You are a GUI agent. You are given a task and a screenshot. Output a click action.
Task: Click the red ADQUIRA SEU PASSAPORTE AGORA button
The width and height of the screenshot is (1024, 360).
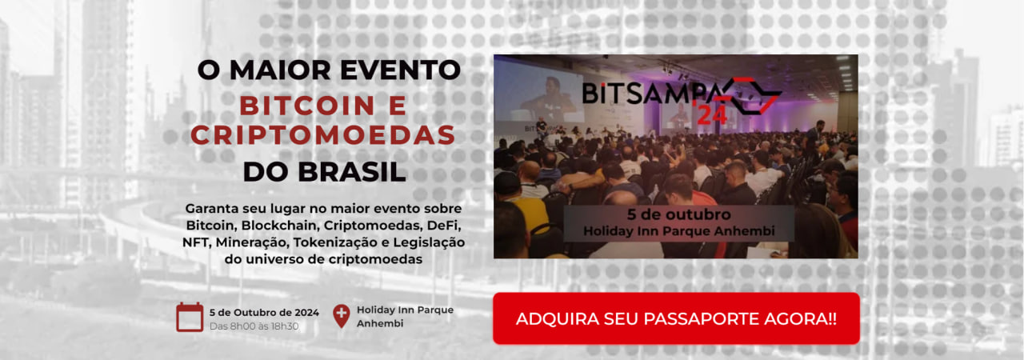[676, 318]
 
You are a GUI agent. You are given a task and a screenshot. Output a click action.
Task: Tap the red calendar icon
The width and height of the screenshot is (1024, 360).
[190, 317]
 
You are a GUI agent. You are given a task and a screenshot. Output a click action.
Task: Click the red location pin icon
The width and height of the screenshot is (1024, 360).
[341, 316]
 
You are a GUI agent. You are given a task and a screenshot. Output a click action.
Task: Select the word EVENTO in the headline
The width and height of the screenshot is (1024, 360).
[401, 70]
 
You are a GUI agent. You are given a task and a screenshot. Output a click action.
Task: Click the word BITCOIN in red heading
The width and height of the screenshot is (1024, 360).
[307, 106]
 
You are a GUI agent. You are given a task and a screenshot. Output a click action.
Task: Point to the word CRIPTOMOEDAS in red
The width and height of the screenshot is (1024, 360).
[323, 135]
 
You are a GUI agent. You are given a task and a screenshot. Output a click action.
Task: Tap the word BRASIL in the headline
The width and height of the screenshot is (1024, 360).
[352, 172]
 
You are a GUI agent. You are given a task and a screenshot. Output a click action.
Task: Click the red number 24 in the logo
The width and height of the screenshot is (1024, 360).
[712, 115]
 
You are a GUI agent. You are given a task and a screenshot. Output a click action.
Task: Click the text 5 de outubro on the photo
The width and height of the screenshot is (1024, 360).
[679, 214]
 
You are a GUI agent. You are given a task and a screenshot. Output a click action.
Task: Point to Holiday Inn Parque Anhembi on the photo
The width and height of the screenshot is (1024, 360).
[679, 231]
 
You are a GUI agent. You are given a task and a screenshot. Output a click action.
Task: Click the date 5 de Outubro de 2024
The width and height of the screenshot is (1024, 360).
[264, 313]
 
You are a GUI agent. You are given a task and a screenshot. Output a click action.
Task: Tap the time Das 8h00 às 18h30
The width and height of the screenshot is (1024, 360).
[254, 326]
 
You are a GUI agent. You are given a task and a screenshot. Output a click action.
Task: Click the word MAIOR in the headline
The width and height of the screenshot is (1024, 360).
[280, 70]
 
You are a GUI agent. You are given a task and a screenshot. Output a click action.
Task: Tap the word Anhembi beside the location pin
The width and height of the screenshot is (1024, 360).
[380, 323]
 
